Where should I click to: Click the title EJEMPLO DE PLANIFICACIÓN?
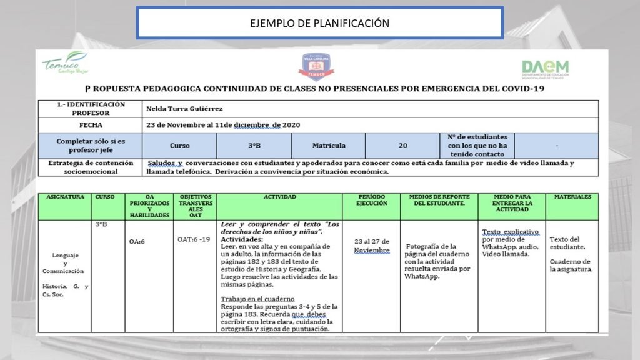[x=319, y=23]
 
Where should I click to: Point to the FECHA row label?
[x=91, y=124]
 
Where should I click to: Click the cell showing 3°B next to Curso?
[x=254, y=145]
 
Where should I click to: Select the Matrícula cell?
[x=329, y=145]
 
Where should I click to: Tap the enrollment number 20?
[x=403, y=145]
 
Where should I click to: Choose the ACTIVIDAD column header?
[x=279, y=197]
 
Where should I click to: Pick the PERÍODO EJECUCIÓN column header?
[x=371, y=200]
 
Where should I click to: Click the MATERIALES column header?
[x=571, y=197]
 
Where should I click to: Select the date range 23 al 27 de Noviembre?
[x=371, y=246]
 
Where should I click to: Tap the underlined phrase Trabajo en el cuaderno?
[x=257, y=299]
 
